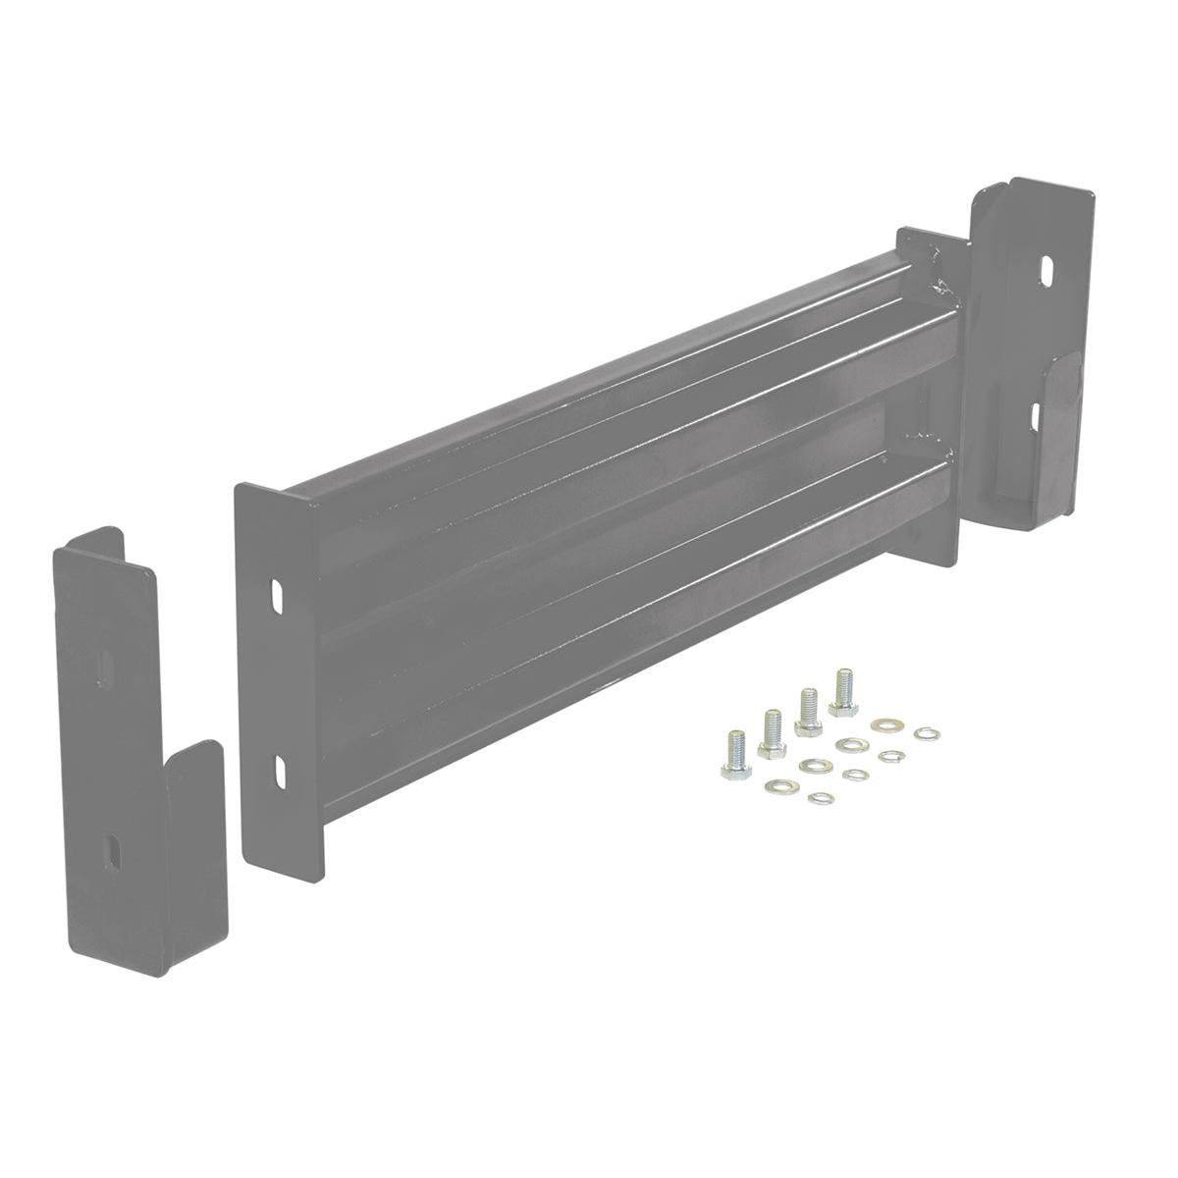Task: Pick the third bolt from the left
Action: tap(808, 710)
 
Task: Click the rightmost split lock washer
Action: tap(924, 733)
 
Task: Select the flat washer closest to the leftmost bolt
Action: tap(780, 784)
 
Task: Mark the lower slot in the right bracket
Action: tap(1039, 415)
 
